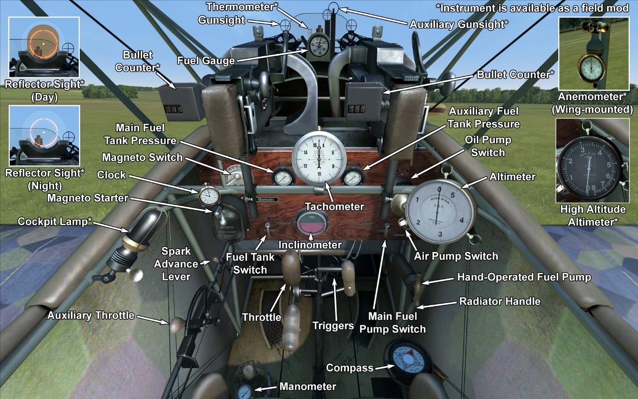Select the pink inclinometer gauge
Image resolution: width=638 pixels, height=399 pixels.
click(x=311, y=224)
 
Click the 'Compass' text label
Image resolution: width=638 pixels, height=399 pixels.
click(x=349, y=368)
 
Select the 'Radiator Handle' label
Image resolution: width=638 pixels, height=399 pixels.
click(x=499, y=301)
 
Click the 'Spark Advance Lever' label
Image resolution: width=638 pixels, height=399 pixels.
click(x=176, y=264)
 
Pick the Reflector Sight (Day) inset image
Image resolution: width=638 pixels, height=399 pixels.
click(x=44, y=47)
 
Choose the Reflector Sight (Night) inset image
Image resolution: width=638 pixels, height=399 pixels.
click(x=44, y=135)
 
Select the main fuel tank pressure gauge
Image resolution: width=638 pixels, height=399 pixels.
click(x=282, y=177)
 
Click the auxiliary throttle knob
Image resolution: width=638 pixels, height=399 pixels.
click(x=176, y=324)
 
